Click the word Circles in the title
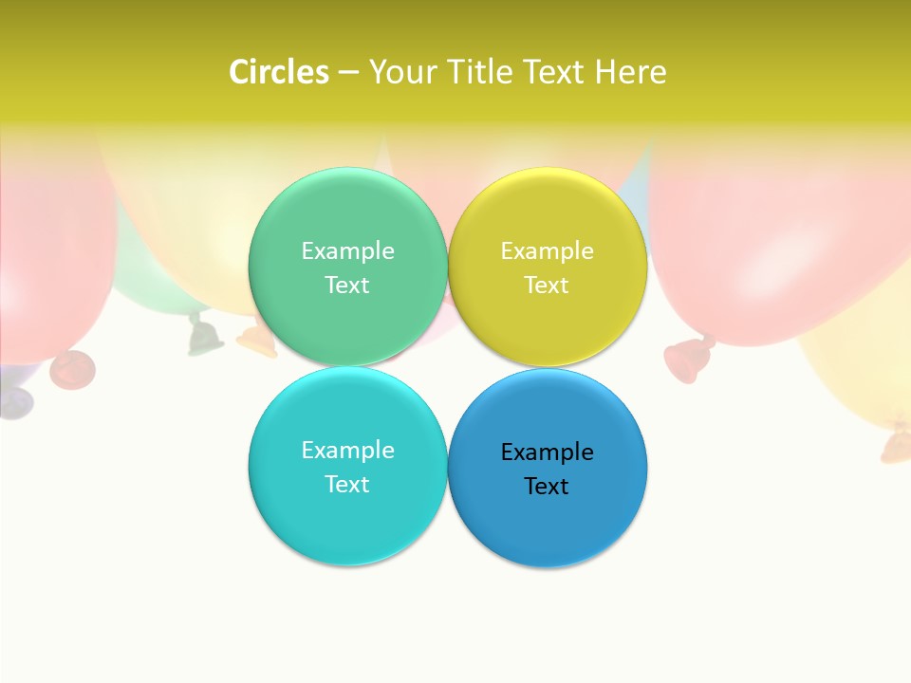pyautogui.click(x=279, y=72)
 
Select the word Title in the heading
pyautogui.click(x=479, y=72)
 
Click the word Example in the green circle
pyautogui.click(x=347, y=251)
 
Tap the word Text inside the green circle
pyautogui.click(x=347, y=286)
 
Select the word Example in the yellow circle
pyautogui.click(x=547, y=251)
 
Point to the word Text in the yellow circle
pyautogui.click(x=547, y=286)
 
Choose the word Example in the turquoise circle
pyautogui.click(x=347, y=451)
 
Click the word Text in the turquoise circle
pyautogui.click(x=347, y=485)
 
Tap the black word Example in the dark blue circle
pyautogui.click(x=547, y=452)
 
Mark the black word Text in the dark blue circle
pyautogui.click(x=547, y=487)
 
